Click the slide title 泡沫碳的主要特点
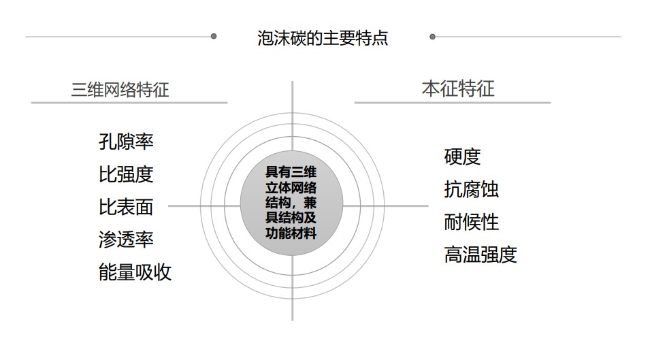323,38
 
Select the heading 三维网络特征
120,89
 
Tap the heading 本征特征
458,88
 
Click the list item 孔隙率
126,142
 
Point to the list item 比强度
126,174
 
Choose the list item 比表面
126,207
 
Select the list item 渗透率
126,240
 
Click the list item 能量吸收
135,273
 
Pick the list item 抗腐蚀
471,190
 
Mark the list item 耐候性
471,222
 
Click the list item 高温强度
481,255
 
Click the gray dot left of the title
214,37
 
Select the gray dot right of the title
432,37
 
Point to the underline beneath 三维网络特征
129,102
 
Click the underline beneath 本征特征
453,102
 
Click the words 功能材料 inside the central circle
291,233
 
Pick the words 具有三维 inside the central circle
291,172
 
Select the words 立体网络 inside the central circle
291,188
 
